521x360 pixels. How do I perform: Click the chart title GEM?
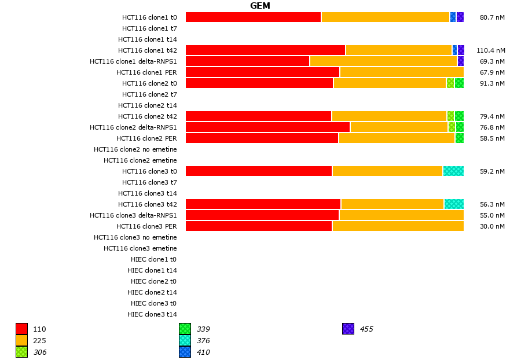[x=260, y=6]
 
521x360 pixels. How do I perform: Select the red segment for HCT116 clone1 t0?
[x=253, y=17]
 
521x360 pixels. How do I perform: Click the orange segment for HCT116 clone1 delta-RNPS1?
[x=383, y=61]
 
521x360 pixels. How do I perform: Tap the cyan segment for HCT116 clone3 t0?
[x=453, y=171]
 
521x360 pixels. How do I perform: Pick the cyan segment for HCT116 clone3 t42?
[x=454, y=204]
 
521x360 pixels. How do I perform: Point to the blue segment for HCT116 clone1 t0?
[x=453, y=17]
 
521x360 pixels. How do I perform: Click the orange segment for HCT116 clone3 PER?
[x=398, y=226]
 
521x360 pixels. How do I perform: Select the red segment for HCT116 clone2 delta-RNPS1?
[x=267, y=127]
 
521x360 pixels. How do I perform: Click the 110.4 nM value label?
[x=490, y=50]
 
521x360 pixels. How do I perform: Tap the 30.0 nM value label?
[x=492, y=226]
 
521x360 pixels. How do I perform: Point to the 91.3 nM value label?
[x=492, y=83]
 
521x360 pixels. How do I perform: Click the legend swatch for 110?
[x=22, y=329]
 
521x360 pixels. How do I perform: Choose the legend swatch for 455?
[x=348, y=329]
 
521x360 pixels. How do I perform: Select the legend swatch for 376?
[x=185, y=341]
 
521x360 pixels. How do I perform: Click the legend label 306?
[x=40, y=352]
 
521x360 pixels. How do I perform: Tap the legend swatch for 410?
[x=185, y=352]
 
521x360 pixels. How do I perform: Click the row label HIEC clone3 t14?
[x=152, y=314]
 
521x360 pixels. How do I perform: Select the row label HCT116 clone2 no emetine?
[x=135, y=149]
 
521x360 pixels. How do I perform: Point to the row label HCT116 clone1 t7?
[x=149, y=28]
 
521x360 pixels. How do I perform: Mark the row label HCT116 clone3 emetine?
[x=140, y=248]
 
